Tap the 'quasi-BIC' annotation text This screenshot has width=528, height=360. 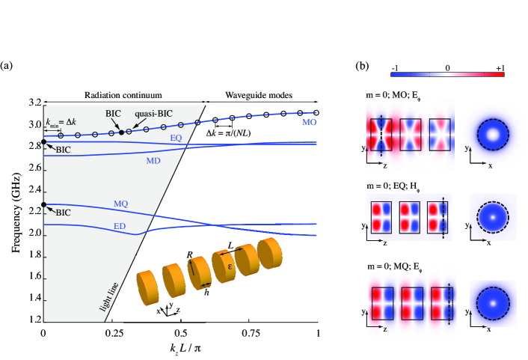point(153,114)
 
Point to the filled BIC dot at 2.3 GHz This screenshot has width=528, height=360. point(43,204)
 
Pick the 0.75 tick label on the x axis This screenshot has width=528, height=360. point(250,332)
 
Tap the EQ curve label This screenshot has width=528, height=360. point(176,138)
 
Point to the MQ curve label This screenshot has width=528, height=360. point(120,204)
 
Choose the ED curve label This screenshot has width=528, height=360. point(118,226)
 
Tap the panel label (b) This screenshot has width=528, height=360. point(362,67)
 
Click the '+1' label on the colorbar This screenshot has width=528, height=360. point(498,68)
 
